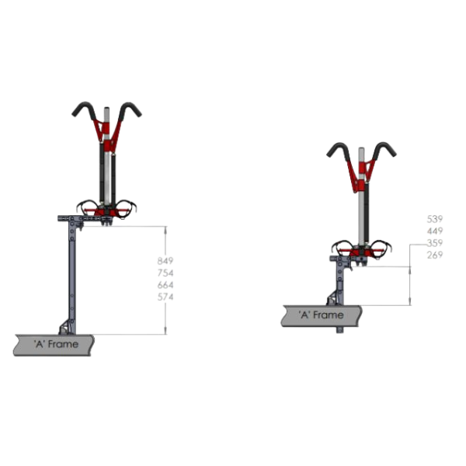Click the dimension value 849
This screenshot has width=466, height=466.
[165, 261]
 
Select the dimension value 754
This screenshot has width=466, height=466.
[165, 273]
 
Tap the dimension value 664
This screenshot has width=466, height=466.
[165, 285]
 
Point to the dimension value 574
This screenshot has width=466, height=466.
[165, 297]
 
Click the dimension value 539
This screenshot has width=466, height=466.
[435, 219]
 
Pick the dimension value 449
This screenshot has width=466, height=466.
[435, 231]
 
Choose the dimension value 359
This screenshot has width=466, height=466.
[435, 243]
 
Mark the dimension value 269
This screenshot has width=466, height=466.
[435, 255]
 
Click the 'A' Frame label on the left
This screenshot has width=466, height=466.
[56, 344]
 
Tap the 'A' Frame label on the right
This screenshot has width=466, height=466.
[321, 315]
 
